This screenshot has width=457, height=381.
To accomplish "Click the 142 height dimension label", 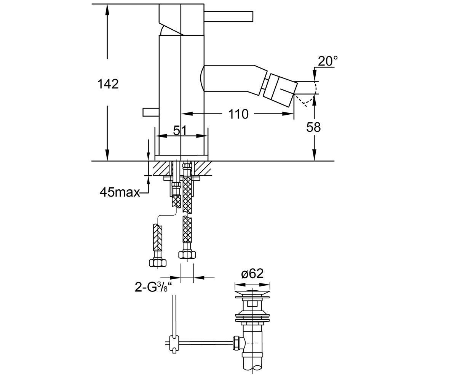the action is pos(108,84).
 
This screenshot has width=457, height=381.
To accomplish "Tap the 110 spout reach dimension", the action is pos(238,114).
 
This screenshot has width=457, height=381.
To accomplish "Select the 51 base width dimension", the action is pos(180,131).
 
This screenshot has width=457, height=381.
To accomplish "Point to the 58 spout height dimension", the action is pos(313,127).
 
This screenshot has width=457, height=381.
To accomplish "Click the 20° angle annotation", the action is pos(328,61).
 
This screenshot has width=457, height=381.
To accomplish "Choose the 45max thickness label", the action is pos(120,193).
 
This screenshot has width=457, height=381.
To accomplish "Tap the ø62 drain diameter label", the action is pos(252,274).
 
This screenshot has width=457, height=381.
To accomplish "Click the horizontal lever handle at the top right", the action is pos(228,16).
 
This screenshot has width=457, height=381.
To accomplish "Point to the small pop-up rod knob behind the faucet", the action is pos(151,112).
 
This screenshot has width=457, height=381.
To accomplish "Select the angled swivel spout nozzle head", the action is pos(280,90).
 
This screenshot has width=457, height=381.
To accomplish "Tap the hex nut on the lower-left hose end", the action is pos(158,263).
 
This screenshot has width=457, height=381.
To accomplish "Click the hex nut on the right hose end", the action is pos(187,255).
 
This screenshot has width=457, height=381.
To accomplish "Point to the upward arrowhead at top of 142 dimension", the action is pos(107,10).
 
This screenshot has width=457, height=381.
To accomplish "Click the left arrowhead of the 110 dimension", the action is pos(187,114).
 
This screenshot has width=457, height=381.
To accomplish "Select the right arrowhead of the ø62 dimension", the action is pos(264,285).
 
